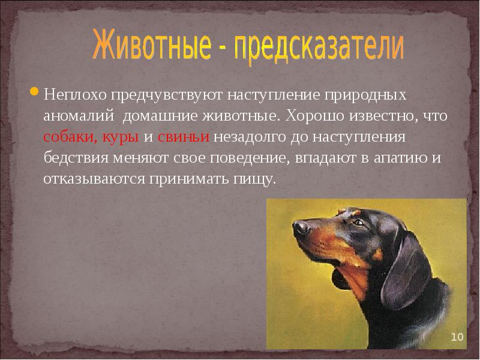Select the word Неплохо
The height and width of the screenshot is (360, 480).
(74, 95)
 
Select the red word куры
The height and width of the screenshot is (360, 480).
(121, 137)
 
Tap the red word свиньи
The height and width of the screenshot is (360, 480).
(184, 137)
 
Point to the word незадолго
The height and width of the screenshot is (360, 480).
(250, 137)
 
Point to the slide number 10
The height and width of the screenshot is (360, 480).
(457, 337)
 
